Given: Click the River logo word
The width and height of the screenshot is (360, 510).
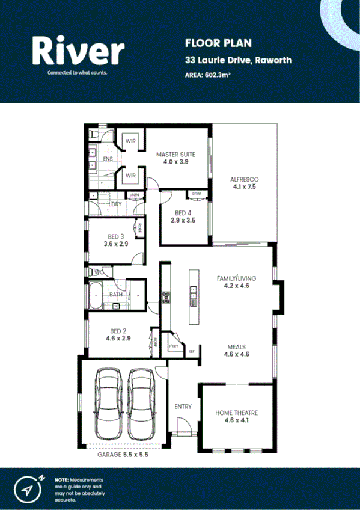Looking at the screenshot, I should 79,51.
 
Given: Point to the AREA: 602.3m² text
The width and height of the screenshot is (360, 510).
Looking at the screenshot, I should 208,75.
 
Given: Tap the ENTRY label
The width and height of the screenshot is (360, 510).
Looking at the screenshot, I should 183,407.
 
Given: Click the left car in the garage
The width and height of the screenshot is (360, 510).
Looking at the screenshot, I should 109,404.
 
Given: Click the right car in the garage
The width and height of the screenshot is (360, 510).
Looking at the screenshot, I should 142,404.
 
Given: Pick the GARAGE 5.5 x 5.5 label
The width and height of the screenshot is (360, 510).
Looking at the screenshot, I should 123,455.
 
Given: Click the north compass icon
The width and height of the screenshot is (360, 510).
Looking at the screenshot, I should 28,487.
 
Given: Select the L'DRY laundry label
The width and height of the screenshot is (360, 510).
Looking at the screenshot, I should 115,204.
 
